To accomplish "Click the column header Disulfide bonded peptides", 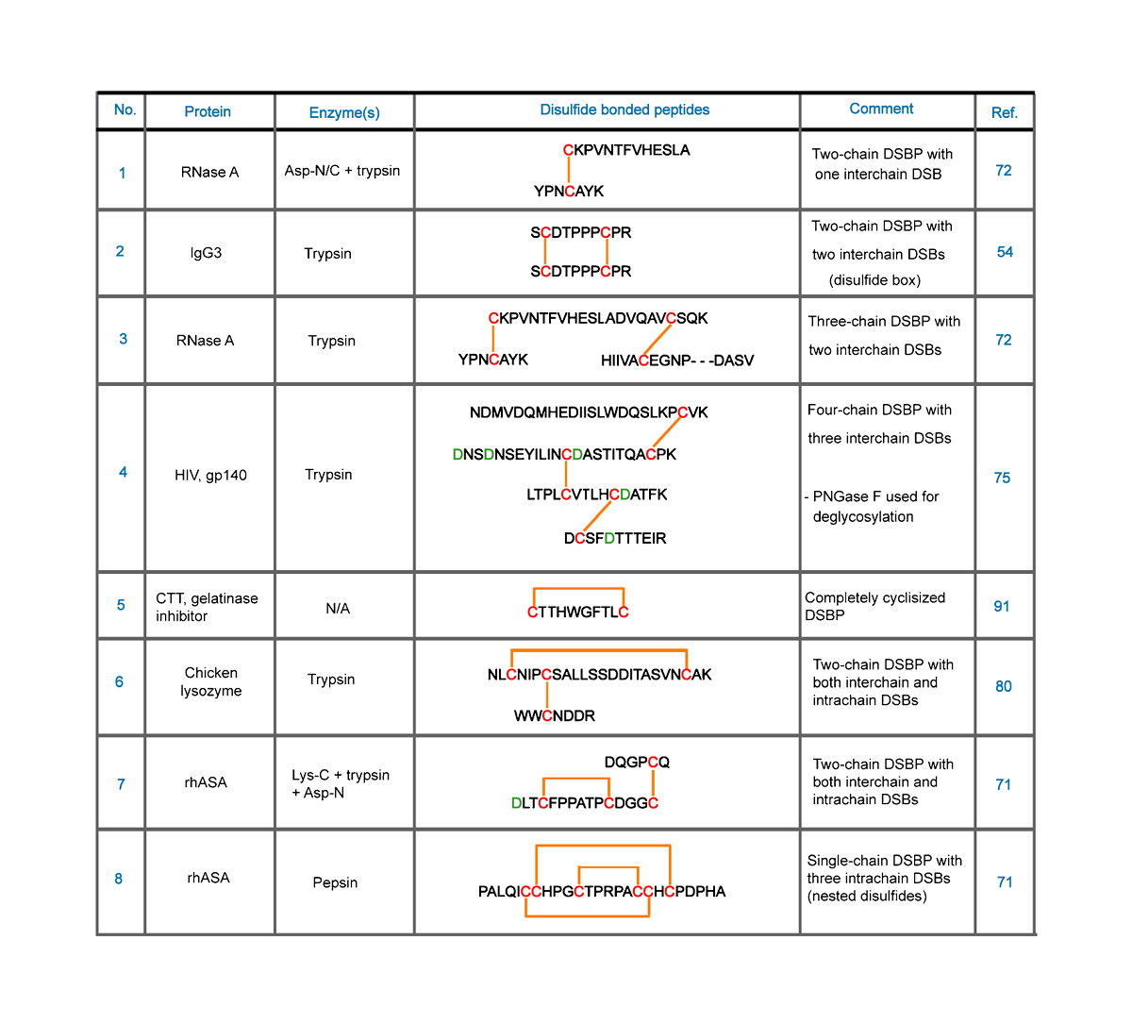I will (x=624, y=109).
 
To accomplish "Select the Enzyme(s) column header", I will (x=344, y=112).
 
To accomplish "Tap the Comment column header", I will (x=881, y=109).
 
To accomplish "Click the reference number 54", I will (x=1005, y=252).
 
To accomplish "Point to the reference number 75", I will (x=1002, y=478).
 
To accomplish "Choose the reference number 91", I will (x=1002, y=606).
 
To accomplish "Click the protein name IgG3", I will (x=206, y=253).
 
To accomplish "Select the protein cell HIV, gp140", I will (x=210, y=475).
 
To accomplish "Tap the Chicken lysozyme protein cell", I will (x=211, y=681).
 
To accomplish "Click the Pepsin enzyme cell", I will (x=335, y=882).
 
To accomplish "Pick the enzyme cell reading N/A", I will (x=337, y=609).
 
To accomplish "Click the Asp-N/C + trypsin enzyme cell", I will (x=342, y=171).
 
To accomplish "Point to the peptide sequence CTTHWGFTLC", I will (x=578, y=612).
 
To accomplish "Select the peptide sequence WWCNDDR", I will (x=555, y=715).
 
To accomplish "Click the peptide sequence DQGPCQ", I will (x=637, y=762).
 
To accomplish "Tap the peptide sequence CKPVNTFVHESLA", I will (x=626, y=150).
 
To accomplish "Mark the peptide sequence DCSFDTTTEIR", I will (x=615, y=538).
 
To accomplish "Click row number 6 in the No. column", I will (x=119, y=681).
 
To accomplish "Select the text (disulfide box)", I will (x=874, y=280).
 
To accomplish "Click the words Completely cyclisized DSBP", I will (x=874, y=606).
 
